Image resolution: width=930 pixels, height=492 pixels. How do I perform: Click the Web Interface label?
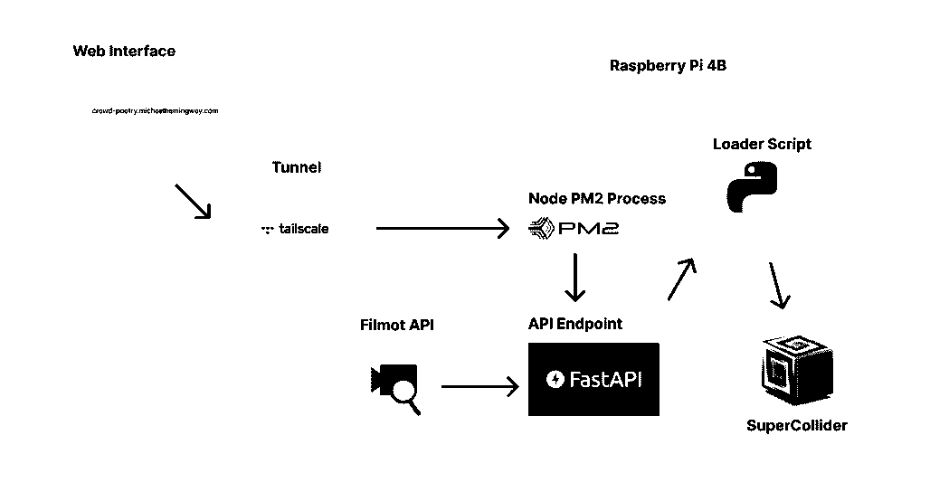coord(124,52)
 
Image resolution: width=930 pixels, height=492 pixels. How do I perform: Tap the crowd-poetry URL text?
coord(156,111)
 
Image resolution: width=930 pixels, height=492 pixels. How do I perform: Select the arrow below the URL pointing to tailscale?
coord(192,201)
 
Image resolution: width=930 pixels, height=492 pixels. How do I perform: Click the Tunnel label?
coord(297,167)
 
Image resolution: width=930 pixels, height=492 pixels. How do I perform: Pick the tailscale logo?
coord(295,230)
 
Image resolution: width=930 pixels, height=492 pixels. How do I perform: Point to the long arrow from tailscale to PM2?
coord(442,229)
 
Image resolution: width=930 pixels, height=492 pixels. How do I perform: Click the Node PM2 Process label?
coord(597,199)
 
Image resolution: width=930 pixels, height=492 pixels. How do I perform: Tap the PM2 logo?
coord(574,228)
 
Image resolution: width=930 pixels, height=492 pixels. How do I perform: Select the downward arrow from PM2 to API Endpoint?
coord(574,279)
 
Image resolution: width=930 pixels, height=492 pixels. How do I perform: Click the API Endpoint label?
coord(575,324)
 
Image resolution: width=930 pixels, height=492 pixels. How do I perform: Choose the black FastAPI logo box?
coord(593,379)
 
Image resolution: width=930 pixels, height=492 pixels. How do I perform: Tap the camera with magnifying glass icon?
coord(395,386)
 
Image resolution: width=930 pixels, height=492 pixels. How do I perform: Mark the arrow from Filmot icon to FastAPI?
coord(480,386)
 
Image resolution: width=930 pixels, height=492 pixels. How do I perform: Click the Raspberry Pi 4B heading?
coord(669,66)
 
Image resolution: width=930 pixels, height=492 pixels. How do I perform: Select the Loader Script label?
coord(762,144)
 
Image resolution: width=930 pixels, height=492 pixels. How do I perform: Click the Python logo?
coord(754,187)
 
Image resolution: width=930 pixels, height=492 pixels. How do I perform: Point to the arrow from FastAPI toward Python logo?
coord(681,279)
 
